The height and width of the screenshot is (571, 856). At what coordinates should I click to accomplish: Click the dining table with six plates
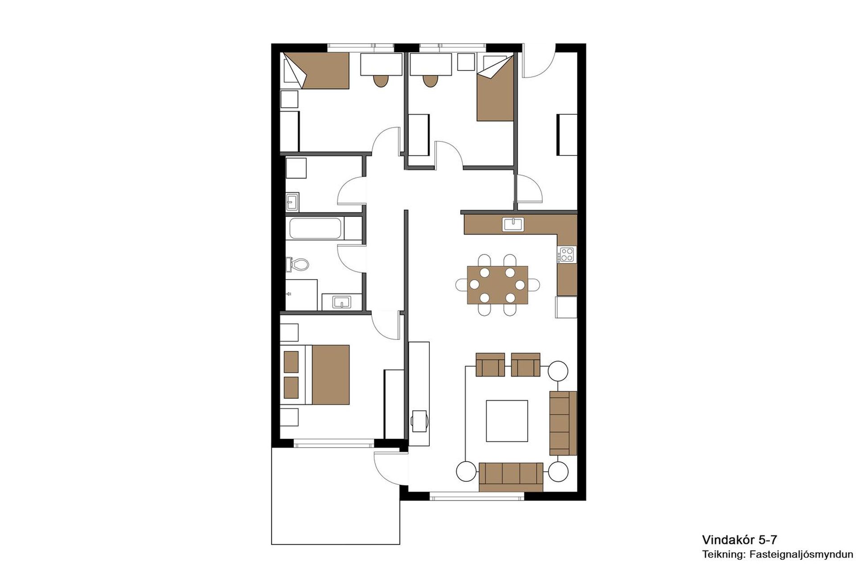[498, 285]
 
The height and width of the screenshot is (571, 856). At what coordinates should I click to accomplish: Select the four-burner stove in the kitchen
[567, 255]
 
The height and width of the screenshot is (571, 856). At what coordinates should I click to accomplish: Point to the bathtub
[316, 228]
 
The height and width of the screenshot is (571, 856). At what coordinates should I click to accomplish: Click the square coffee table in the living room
[507, 421]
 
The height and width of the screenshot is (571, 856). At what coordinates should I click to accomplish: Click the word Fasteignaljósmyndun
[802, 555]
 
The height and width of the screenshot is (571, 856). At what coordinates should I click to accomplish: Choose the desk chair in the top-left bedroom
[381, 81]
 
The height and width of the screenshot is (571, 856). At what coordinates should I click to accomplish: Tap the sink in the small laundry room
[292, 202]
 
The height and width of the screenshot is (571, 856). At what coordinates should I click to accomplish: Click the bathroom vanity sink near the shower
[342, 302]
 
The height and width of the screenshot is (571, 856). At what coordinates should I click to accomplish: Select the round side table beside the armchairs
[558, 371]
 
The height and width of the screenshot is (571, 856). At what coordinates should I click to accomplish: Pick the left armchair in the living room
[490, 364]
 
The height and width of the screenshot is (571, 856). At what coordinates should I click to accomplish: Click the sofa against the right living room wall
[563, 423]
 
